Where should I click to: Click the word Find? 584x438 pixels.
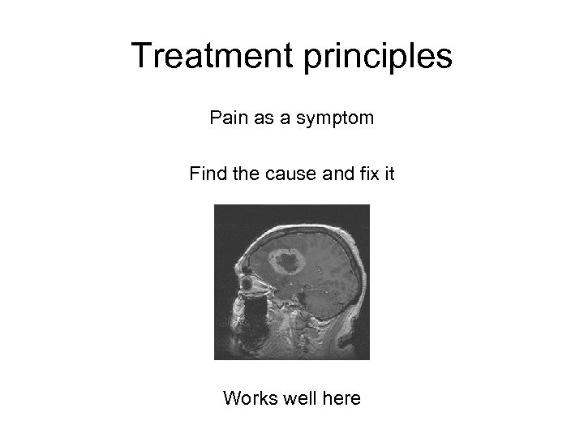[x=206, y=174]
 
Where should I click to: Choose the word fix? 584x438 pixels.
[x=367, y=174]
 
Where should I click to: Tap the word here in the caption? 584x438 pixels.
[x=341, y=398]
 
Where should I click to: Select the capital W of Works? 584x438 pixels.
[x=230, y=398]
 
